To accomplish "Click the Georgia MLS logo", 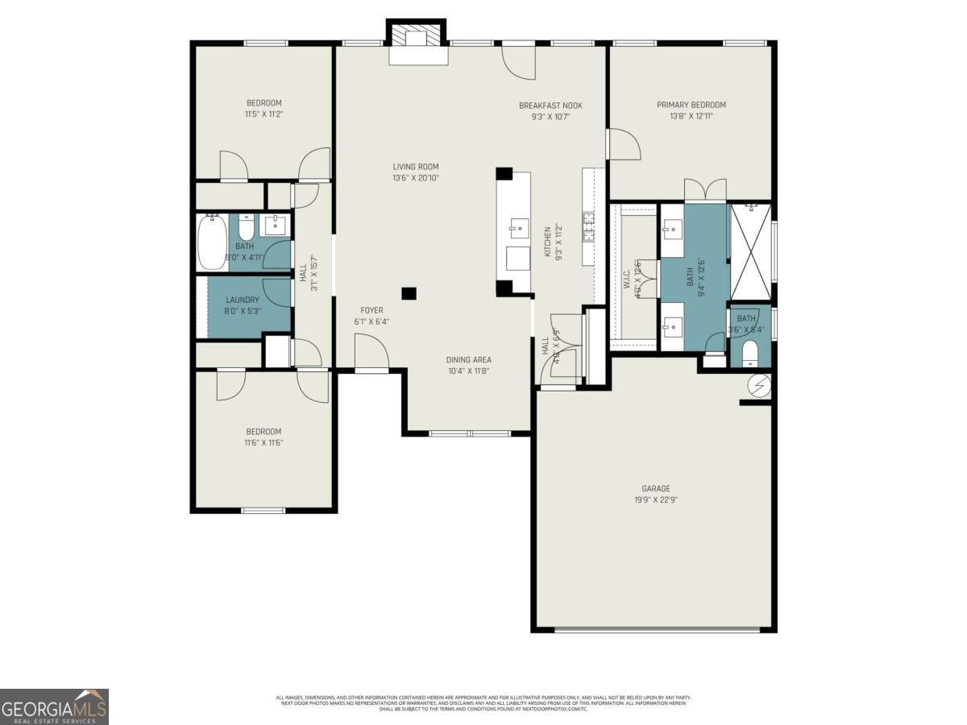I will coord(54,706).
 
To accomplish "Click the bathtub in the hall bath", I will coord(212,242).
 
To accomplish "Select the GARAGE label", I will coord(655,488).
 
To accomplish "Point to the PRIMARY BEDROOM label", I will coord(691,105).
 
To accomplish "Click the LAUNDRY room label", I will coord(243,300).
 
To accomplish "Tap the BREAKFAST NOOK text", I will coord(550,106).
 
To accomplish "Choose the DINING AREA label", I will coord(468,360).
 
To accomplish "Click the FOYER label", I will coord(371,310).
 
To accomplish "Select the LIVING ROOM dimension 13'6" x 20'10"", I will coord(416,178).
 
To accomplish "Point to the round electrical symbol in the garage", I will coord(759,387).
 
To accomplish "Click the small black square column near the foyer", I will coord(409,294).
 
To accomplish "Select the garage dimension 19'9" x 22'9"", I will coord(655,499).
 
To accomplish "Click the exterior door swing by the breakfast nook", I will coord(517,63).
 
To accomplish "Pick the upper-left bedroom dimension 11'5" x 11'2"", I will coord(264,114).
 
